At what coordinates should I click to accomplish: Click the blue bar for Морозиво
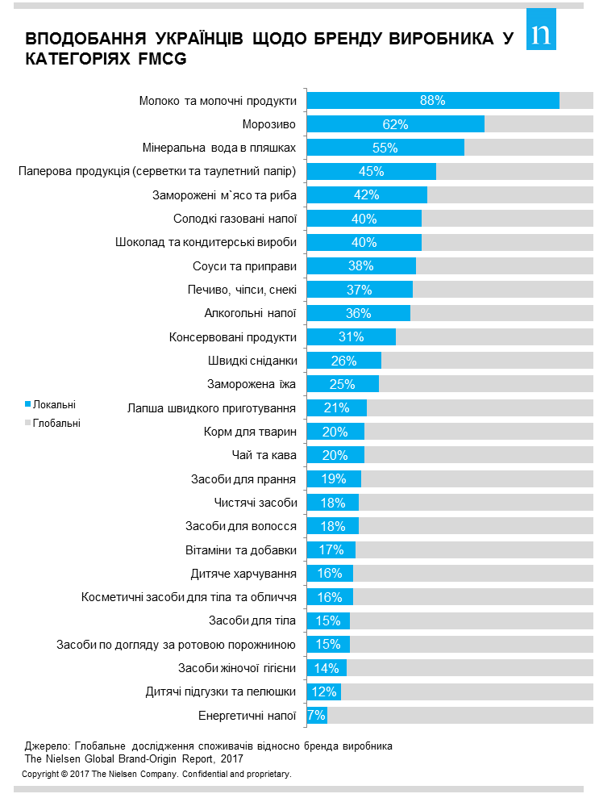point(395,124)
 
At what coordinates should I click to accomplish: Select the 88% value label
point(432,101)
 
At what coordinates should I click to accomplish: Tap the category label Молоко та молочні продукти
point(218,101)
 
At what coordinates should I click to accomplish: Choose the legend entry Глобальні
point(56,422)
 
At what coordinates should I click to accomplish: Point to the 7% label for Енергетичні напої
point(316,716)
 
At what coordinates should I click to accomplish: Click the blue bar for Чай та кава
point(335,455)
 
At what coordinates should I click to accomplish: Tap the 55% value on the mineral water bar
point(385,148)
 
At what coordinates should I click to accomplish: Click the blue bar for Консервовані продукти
point(351,337)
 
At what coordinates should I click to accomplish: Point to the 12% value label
point(323,692)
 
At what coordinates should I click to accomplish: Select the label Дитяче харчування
point(243,574)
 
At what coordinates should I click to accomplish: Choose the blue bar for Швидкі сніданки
point(344,361)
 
